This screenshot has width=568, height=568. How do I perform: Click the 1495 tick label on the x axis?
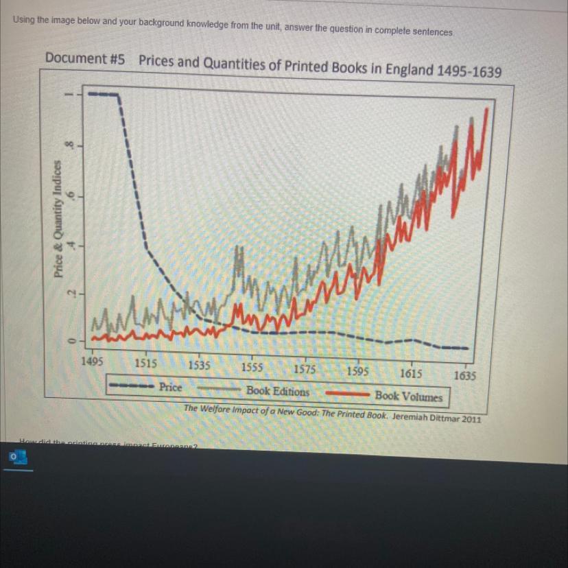coord(92,359)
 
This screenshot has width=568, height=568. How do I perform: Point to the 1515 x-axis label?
coord(145,362)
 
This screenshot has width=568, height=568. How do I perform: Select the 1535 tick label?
coord(200,366)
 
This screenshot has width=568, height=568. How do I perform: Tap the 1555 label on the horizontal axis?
coord(252,368)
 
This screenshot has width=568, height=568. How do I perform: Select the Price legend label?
coord(171,388)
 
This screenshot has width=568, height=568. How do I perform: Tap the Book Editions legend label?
coord(278,392)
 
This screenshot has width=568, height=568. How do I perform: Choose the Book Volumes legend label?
coord(408,396)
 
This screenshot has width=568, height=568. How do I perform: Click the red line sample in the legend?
coord(347,394)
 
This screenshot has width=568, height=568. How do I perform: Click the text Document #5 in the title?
coord(85,58)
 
